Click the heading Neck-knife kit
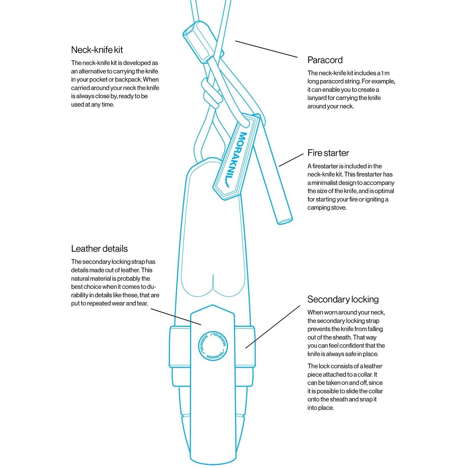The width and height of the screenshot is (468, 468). (97, 50)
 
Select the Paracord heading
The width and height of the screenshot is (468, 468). (325, 60)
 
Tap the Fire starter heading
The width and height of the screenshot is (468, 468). (328, 153)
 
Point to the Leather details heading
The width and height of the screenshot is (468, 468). (99, 249)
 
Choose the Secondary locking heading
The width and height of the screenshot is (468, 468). (343, 300)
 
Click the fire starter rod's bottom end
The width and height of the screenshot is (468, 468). (285, 220)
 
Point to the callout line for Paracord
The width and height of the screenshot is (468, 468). (266, 49)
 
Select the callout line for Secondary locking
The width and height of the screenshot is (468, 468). (273, 327)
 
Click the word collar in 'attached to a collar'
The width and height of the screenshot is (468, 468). (363, 375)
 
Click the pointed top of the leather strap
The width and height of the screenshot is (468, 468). (212, 306)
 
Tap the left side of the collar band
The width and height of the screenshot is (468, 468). (180, 346)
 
